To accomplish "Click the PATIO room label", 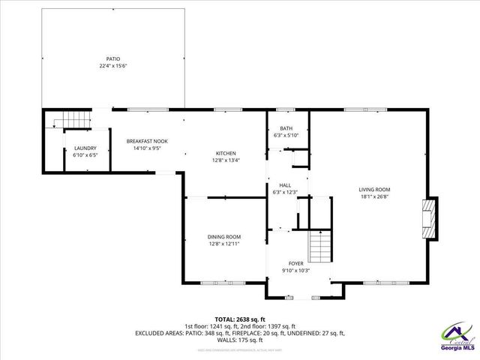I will coord(112,58).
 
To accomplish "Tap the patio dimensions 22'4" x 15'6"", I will coord(112,66).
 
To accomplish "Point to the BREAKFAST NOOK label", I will coord(147,141).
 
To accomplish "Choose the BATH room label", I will coord(286,128).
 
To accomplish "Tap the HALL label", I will coord(285,185).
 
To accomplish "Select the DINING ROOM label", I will coord(224,236).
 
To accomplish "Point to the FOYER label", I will coord(297,263).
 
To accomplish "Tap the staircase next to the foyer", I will coord(320,244).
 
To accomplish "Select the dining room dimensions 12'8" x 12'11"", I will coord(224,244).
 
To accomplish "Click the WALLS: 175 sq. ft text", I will coord(239,339).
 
